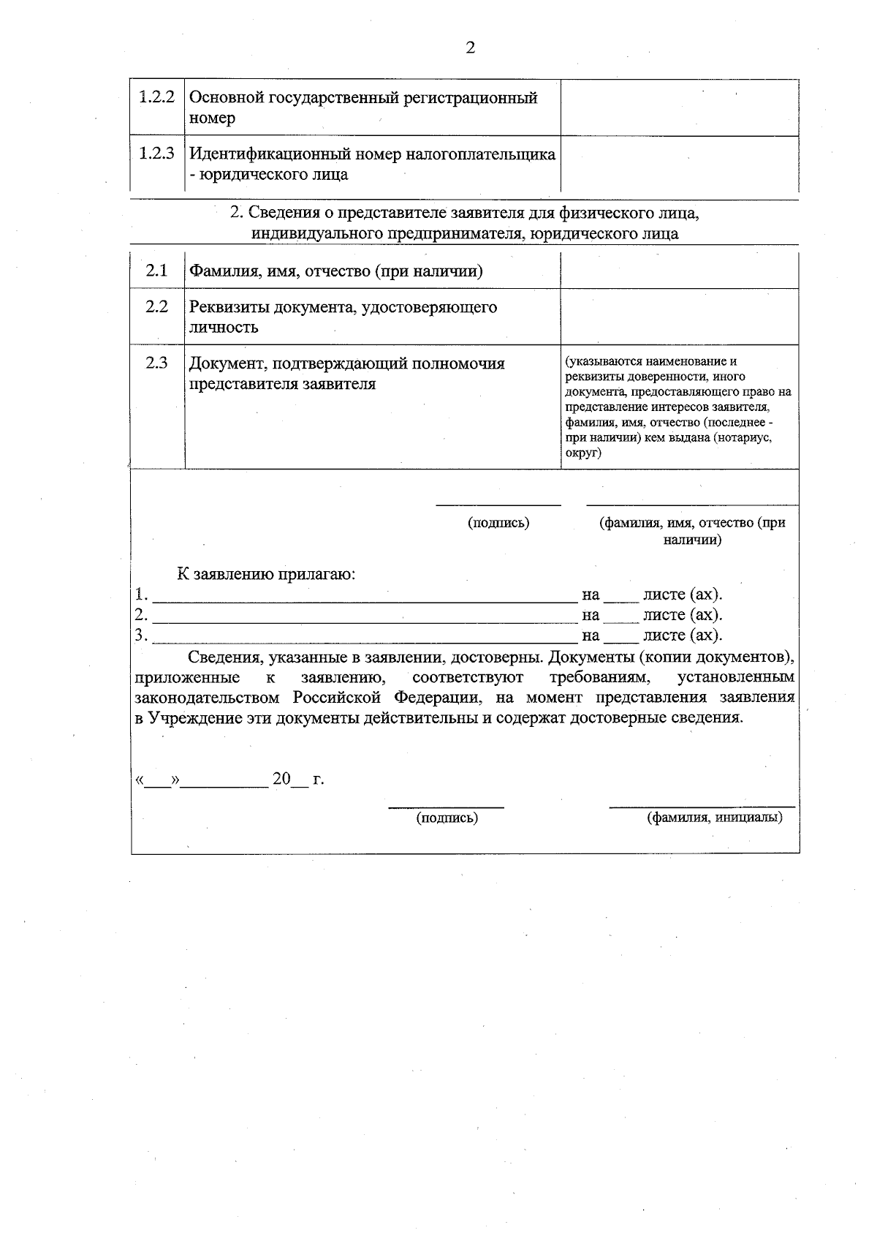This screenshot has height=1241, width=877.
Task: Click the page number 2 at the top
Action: click(x=470, y=48)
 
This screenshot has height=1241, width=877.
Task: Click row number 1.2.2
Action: click(x=157, y=97)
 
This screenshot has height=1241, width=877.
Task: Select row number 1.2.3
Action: click(x=157, y=154)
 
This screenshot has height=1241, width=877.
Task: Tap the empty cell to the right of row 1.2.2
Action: click(x=679, y=107)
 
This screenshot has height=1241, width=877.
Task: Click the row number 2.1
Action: click(x=156, y=271)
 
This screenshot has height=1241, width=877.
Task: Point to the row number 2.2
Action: click(x=156, y=306)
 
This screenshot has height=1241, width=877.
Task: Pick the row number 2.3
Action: click(x=156, y=363)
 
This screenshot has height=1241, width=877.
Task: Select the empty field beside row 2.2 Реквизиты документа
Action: click(x=679, y=317)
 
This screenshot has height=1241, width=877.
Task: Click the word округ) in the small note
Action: click(x=583, y=453)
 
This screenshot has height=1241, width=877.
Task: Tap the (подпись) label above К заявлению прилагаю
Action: click(x=498, y=523)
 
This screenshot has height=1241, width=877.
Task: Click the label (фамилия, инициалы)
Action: click(x=714, y=818)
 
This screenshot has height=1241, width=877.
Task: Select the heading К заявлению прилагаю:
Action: click(x=266, y=574)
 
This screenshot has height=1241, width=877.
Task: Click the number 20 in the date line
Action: click(x=281, y=779)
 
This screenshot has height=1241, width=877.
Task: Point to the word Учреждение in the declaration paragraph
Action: click(x=189, y=717)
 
